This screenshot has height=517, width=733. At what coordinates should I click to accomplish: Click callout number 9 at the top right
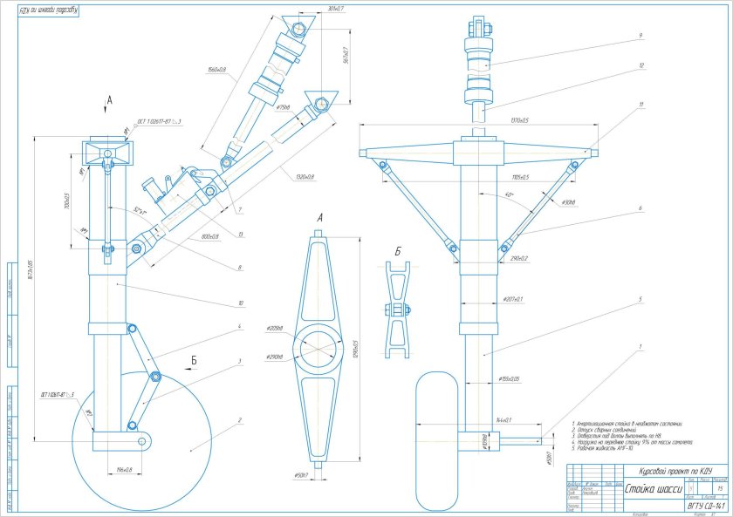coord(641,36)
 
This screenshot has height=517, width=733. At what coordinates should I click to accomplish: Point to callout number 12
coord(641,65)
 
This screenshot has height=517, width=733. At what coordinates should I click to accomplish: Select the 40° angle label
coord(507,195)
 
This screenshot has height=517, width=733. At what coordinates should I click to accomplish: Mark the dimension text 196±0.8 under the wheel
coord(123,471)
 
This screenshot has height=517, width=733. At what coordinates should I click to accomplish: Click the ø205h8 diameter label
coord(276,327)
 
